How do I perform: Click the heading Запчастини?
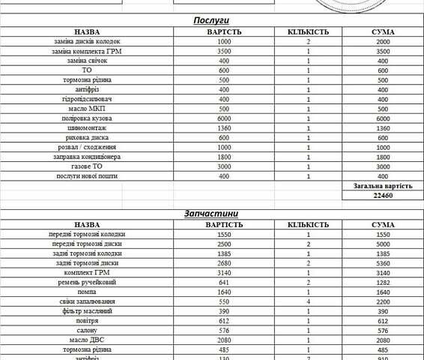pos(211,213)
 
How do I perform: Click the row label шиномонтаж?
pos(88,128)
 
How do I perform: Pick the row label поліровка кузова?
pos(88,118)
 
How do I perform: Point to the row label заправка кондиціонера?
pos(88,157)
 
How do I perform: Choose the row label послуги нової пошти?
pos(88,175)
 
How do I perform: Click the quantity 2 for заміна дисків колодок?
pos(308,41)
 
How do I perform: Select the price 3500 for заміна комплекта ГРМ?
pos(224,51)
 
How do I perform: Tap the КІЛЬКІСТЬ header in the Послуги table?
pos(308,32)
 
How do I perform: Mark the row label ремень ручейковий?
pos(88,282)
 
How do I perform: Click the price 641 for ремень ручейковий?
pos(224,282)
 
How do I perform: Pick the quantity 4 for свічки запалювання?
pos(308,301)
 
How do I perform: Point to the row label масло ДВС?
pos(88,340)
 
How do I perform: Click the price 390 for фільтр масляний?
pos(224,310)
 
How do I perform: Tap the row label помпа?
pos(88,292)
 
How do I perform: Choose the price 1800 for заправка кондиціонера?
pos(224,157)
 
